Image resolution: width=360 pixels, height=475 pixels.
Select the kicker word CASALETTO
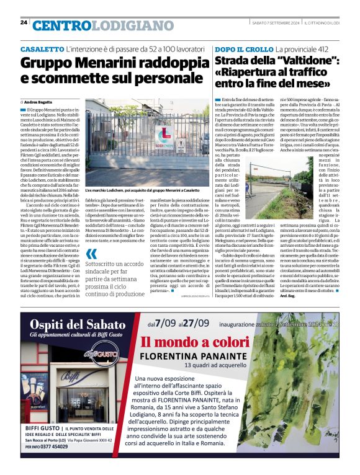[x=42, y=48]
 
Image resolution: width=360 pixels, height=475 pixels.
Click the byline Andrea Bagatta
[x=37, y=101]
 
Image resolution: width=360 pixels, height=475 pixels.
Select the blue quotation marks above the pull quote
[x=91, y=253]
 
